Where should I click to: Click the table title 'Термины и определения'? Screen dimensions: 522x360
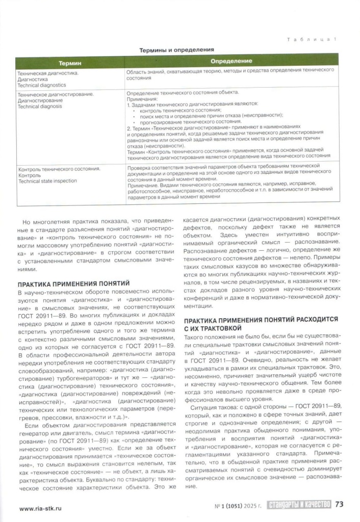[176, 50]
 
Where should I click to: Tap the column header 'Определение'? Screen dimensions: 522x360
[232, 62]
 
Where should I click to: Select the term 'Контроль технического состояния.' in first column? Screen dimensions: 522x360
[59, 168]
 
